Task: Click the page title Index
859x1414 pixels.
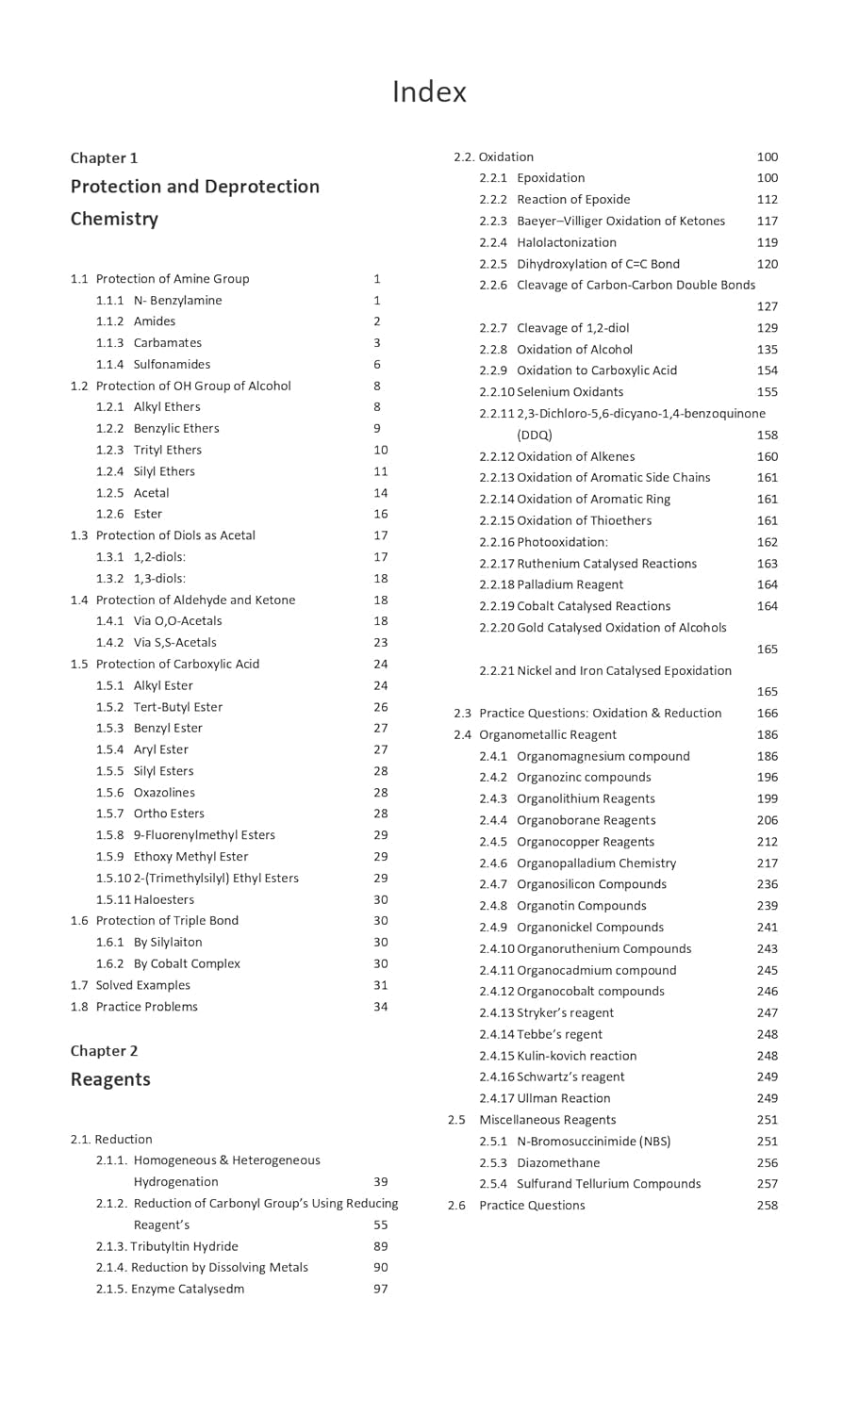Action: pyautogui.click(x=429, y=92)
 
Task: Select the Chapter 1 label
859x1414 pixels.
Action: pyautogui.click(x=104, y=157)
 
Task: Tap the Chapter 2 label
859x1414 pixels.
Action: pyautogui.click(x=104, y=1050)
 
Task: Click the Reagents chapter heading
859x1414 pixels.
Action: pyautogui.click(x=110, y=1079)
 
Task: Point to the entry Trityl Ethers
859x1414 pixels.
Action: pyautogui.click(x=167, y=450)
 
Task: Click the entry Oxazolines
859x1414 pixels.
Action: pyautogui.click(x=164, y=792)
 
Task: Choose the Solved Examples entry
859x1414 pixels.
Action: pyautogui.click(x=142, y=985)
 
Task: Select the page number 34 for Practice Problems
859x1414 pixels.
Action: pyautogui.click(x=380, y=1007)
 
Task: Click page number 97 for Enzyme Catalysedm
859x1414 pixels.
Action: pyautogui.click(x=380, y=1289)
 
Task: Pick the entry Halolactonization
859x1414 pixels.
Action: pyautogui.click(x=567, y=242)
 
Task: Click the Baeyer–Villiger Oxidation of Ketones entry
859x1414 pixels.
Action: pyautogui.click(x=620, y=221)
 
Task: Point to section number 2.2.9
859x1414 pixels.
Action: pyautogui.click(x=492, y=370)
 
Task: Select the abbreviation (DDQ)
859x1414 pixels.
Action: pyautogui.click(x=535, y=435)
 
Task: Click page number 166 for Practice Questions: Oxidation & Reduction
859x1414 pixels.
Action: pyautogui.click(x=767, y=714)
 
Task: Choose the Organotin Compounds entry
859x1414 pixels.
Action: pyautogui.click(x=581, y=906)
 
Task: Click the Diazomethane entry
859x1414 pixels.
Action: pyautogui.click(x=558, y=1162)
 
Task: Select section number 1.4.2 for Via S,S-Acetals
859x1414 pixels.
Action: pyautogui.click(x=109, y=642)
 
